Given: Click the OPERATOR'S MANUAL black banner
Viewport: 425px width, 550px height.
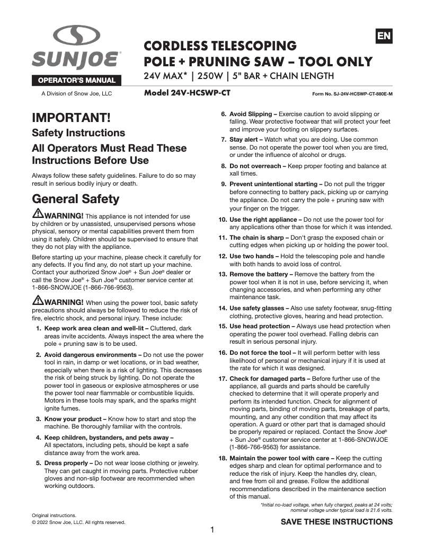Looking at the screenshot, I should click(x=77, y=81).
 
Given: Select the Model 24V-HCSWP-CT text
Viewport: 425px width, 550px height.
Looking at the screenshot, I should click(x=188, y=93).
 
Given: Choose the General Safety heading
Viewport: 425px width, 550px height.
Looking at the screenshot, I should click(x=76, y=199).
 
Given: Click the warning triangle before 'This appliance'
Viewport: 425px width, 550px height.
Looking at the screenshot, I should click(x=38, y=214).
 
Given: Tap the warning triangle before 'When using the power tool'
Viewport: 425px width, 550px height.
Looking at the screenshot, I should click(x=38, y=301).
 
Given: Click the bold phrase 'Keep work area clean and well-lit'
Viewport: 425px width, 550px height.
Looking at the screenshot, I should click(x=93, y=329).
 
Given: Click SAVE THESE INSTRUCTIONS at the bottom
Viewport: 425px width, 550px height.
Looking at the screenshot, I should click(x=337, y=522).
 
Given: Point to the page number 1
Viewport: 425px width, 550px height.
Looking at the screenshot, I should click(x=212, y=530).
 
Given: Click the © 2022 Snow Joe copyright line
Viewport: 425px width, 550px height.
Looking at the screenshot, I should click(x=78, y=522).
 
